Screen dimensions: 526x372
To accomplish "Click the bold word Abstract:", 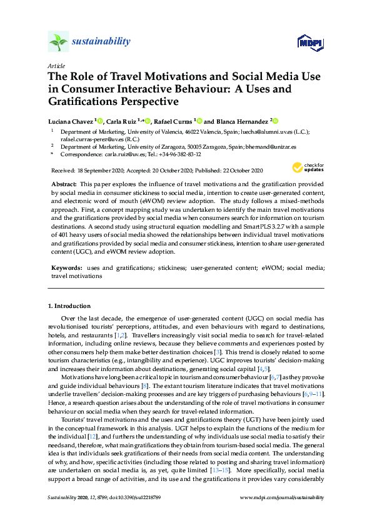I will pos(64,186).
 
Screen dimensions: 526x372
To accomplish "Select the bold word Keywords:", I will pos(66,267).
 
